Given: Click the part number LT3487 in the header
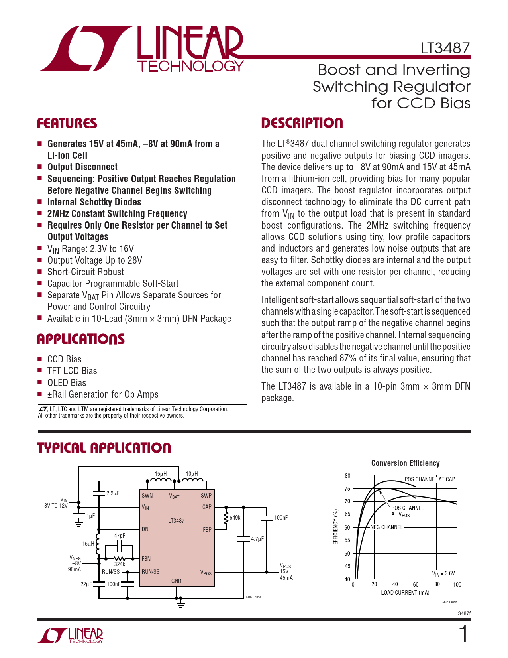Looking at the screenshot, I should [445, 48].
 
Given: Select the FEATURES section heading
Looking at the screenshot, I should [67, 124].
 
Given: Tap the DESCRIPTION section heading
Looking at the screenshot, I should [302, 123].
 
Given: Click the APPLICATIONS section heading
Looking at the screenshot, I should [80, 339].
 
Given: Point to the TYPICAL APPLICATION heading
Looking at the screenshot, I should [104, 448].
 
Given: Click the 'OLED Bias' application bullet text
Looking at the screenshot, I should [67, 383].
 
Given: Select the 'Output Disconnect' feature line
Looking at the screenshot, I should [82, 167].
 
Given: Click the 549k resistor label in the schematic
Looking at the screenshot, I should [235, 518].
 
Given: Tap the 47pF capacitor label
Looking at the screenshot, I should [120, 536].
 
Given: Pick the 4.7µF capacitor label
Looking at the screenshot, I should [257, 539].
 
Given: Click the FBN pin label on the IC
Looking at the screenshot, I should [146, 559].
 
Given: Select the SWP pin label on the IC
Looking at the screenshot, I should [206, 496].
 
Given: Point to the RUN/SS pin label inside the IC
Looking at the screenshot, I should [151, 572].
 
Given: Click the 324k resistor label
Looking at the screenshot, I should [120, 564].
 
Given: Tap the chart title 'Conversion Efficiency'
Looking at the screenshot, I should [405, 463].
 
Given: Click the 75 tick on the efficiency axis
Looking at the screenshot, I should [347, 489].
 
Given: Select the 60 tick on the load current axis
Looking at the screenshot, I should [416, 585].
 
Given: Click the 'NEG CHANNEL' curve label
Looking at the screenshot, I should [386, 527].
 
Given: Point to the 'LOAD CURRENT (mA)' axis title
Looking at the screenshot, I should [405, 593].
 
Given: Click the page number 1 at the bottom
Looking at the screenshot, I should [463, 634].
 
